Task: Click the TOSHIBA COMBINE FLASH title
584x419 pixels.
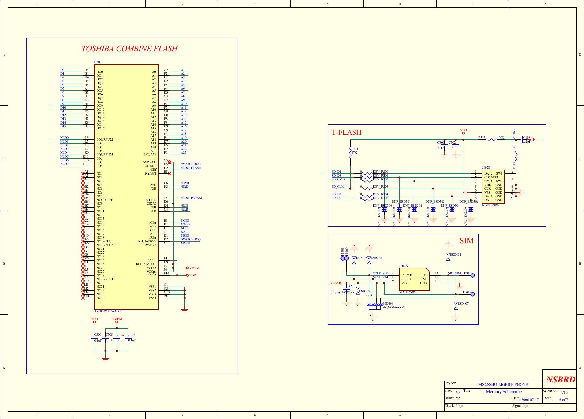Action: pos(130,49)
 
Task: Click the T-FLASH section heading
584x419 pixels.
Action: pos(346,132)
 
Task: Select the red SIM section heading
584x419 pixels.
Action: pos(466,241)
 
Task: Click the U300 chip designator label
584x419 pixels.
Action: pos(98,62)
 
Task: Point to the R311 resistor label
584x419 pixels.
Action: pos(355,149)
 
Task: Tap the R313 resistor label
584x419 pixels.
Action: pos(482,138)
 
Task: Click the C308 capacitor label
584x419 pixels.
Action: pos(527,138)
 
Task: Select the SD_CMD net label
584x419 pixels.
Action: pos(338,179)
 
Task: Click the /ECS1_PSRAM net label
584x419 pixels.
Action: pos(191,198)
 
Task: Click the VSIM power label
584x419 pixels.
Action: pos(334,283)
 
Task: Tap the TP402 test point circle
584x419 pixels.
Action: pos(473,294)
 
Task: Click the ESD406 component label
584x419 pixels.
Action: pos(388,304)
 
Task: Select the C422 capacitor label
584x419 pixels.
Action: pos(350,286)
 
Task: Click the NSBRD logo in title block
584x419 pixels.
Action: pos(560,380)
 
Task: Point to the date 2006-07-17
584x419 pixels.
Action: pos(530,400)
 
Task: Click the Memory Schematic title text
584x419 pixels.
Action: pos(504,392)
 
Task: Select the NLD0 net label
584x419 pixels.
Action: pos(64,138)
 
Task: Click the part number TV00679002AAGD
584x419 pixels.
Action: pos(108,311)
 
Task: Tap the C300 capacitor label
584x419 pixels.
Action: pos(98,335)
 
